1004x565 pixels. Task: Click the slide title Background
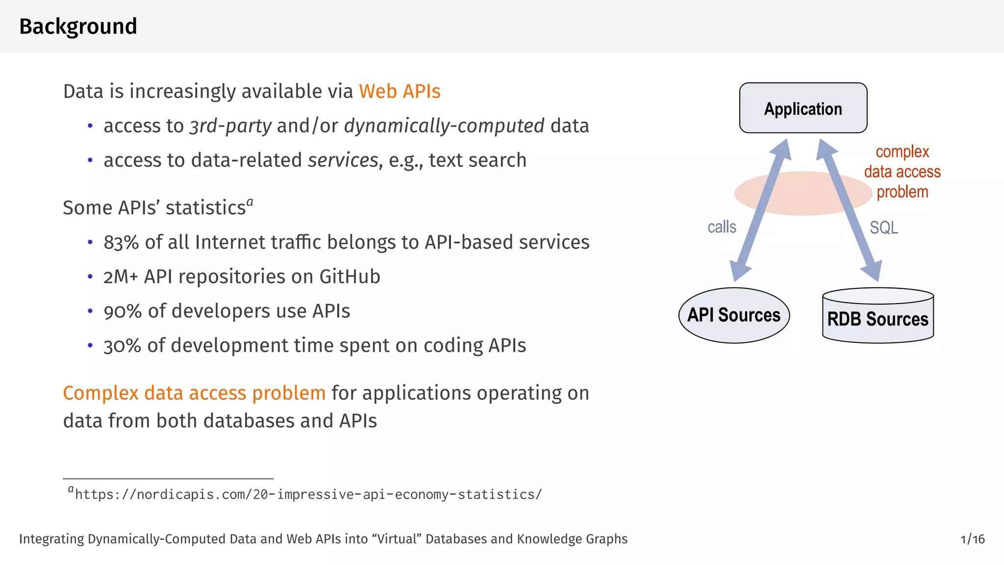78,26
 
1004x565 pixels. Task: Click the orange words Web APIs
400,92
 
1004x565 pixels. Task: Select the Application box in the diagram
803,108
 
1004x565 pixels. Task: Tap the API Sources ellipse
734,315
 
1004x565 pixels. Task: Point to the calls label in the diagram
722,227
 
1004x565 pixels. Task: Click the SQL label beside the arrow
884,228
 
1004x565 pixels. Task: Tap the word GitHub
350,277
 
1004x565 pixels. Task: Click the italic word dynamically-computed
444,126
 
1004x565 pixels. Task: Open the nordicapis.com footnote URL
308,494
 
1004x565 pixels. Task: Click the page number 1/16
973,539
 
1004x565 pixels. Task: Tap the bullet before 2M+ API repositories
90,277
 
